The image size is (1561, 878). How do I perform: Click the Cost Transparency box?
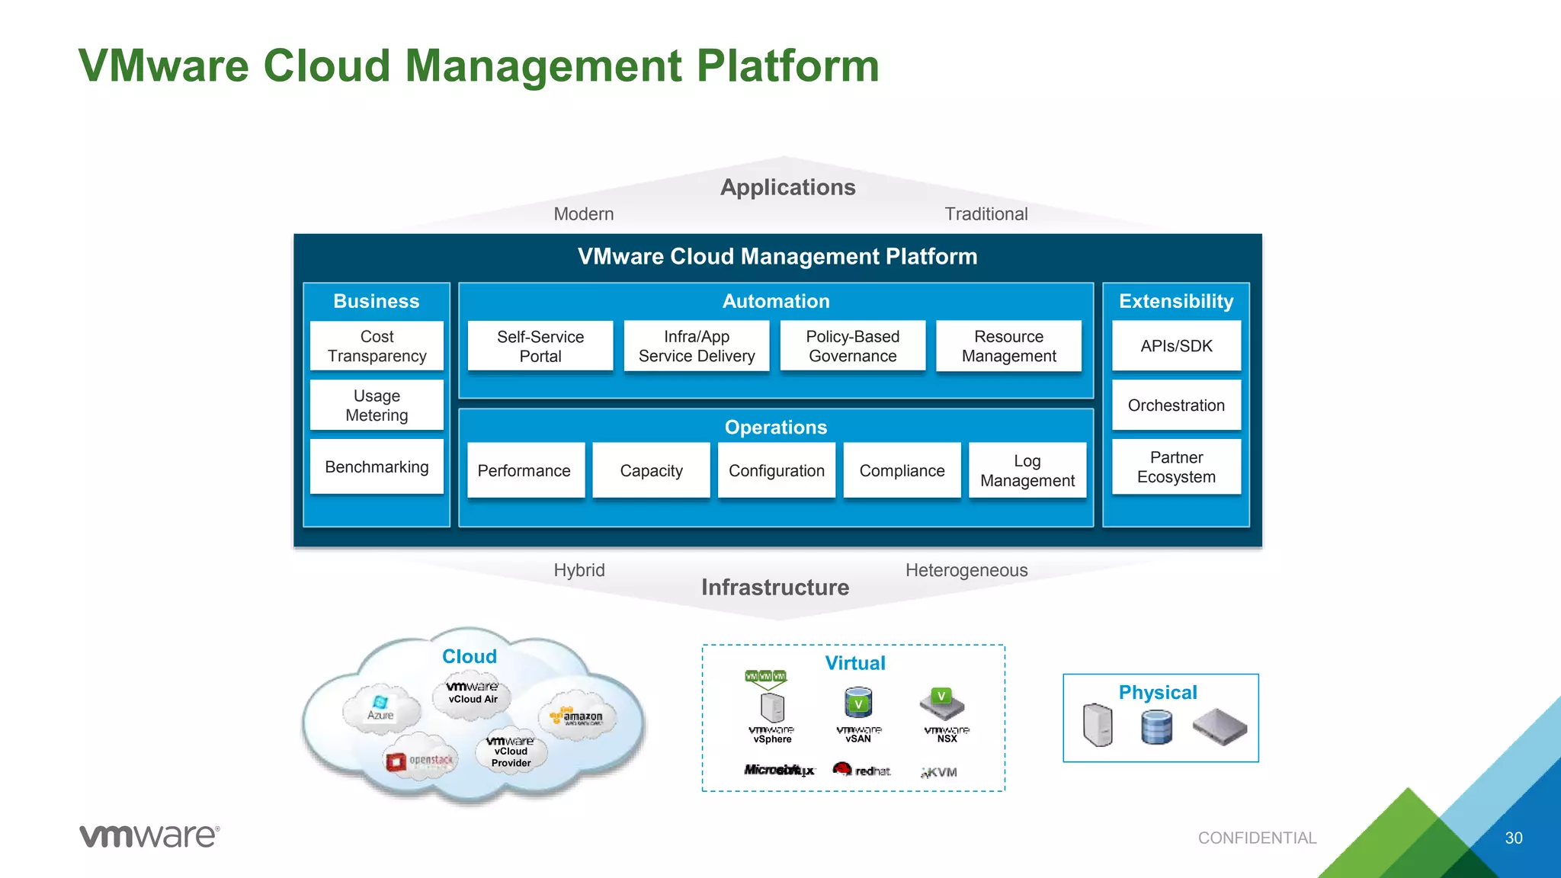coord(377,346)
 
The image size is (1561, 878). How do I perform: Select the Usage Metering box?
coord(377,405)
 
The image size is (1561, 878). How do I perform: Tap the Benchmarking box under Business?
coord(377,466)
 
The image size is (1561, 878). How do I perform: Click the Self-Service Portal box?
coord(540,346)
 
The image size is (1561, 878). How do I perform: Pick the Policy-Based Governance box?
coord(852,346)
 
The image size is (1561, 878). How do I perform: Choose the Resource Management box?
coord(1008,346)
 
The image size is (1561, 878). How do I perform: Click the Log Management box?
coord(1027,470)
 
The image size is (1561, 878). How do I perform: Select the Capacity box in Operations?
coord(651,470)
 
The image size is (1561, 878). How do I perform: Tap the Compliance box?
coord(902,470)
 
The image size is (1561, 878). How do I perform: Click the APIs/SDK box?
coord(1176,346)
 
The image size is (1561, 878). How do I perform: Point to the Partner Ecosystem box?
coord(1176,466)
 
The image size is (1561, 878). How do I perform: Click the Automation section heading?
coord(775,301)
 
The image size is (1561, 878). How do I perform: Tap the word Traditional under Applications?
coord(986,214)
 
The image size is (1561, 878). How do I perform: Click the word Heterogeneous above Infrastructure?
coord(966,570)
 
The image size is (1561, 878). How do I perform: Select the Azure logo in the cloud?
coord(380,708)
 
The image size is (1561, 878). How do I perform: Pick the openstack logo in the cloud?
coord(419,760)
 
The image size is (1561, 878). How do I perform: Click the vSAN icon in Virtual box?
coord(858,704)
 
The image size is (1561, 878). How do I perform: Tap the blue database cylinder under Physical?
coord(1156,727)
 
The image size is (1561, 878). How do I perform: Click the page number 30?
coord(1513,838)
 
